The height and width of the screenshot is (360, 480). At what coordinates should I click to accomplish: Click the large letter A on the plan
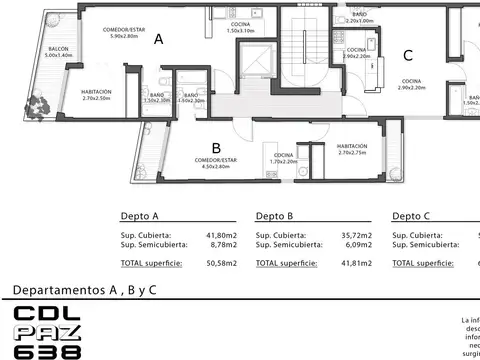[x=158, y=40]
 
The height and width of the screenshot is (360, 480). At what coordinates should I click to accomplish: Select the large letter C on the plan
[x=407, y=56]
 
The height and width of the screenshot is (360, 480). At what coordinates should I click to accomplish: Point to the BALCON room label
[x=59, y=52]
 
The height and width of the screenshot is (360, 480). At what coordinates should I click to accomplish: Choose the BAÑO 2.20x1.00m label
[x=359, y=17]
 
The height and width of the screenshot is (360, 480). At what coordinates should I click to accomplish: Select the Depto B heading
[x=274, y=216]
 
